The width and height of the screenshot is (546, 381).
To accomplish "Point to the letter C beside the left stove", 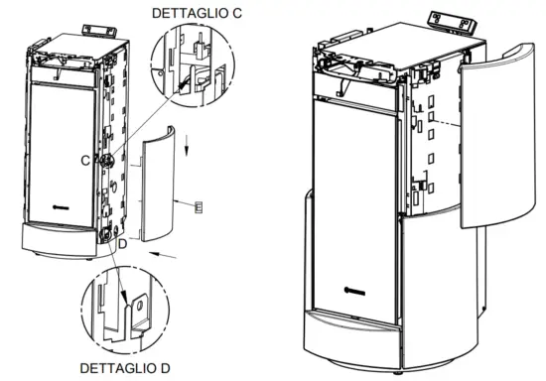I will click(x=86, y=158).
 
